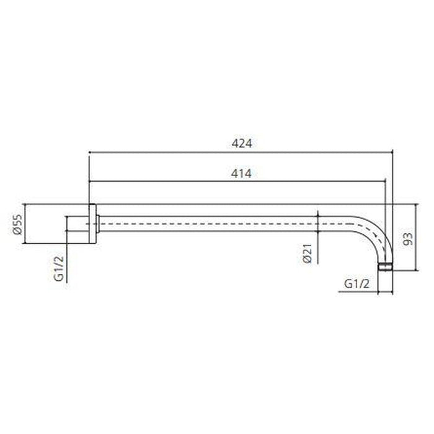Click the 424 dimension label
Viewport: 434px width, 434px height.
coord(242,143)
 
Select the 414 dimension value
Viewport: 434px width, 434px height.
coord(242,174)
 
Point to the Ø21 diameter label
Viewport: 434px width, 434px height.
coord(308,253)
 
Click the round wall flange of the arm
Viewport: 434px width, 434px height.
coord(92,224)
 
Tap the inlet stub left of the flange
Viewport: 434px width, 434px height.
coord(76,224)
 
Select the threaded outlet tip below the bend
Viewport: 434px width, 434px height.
coord(386,267)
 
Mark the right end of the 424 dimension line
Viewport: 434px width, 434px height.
coord(393,151)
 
